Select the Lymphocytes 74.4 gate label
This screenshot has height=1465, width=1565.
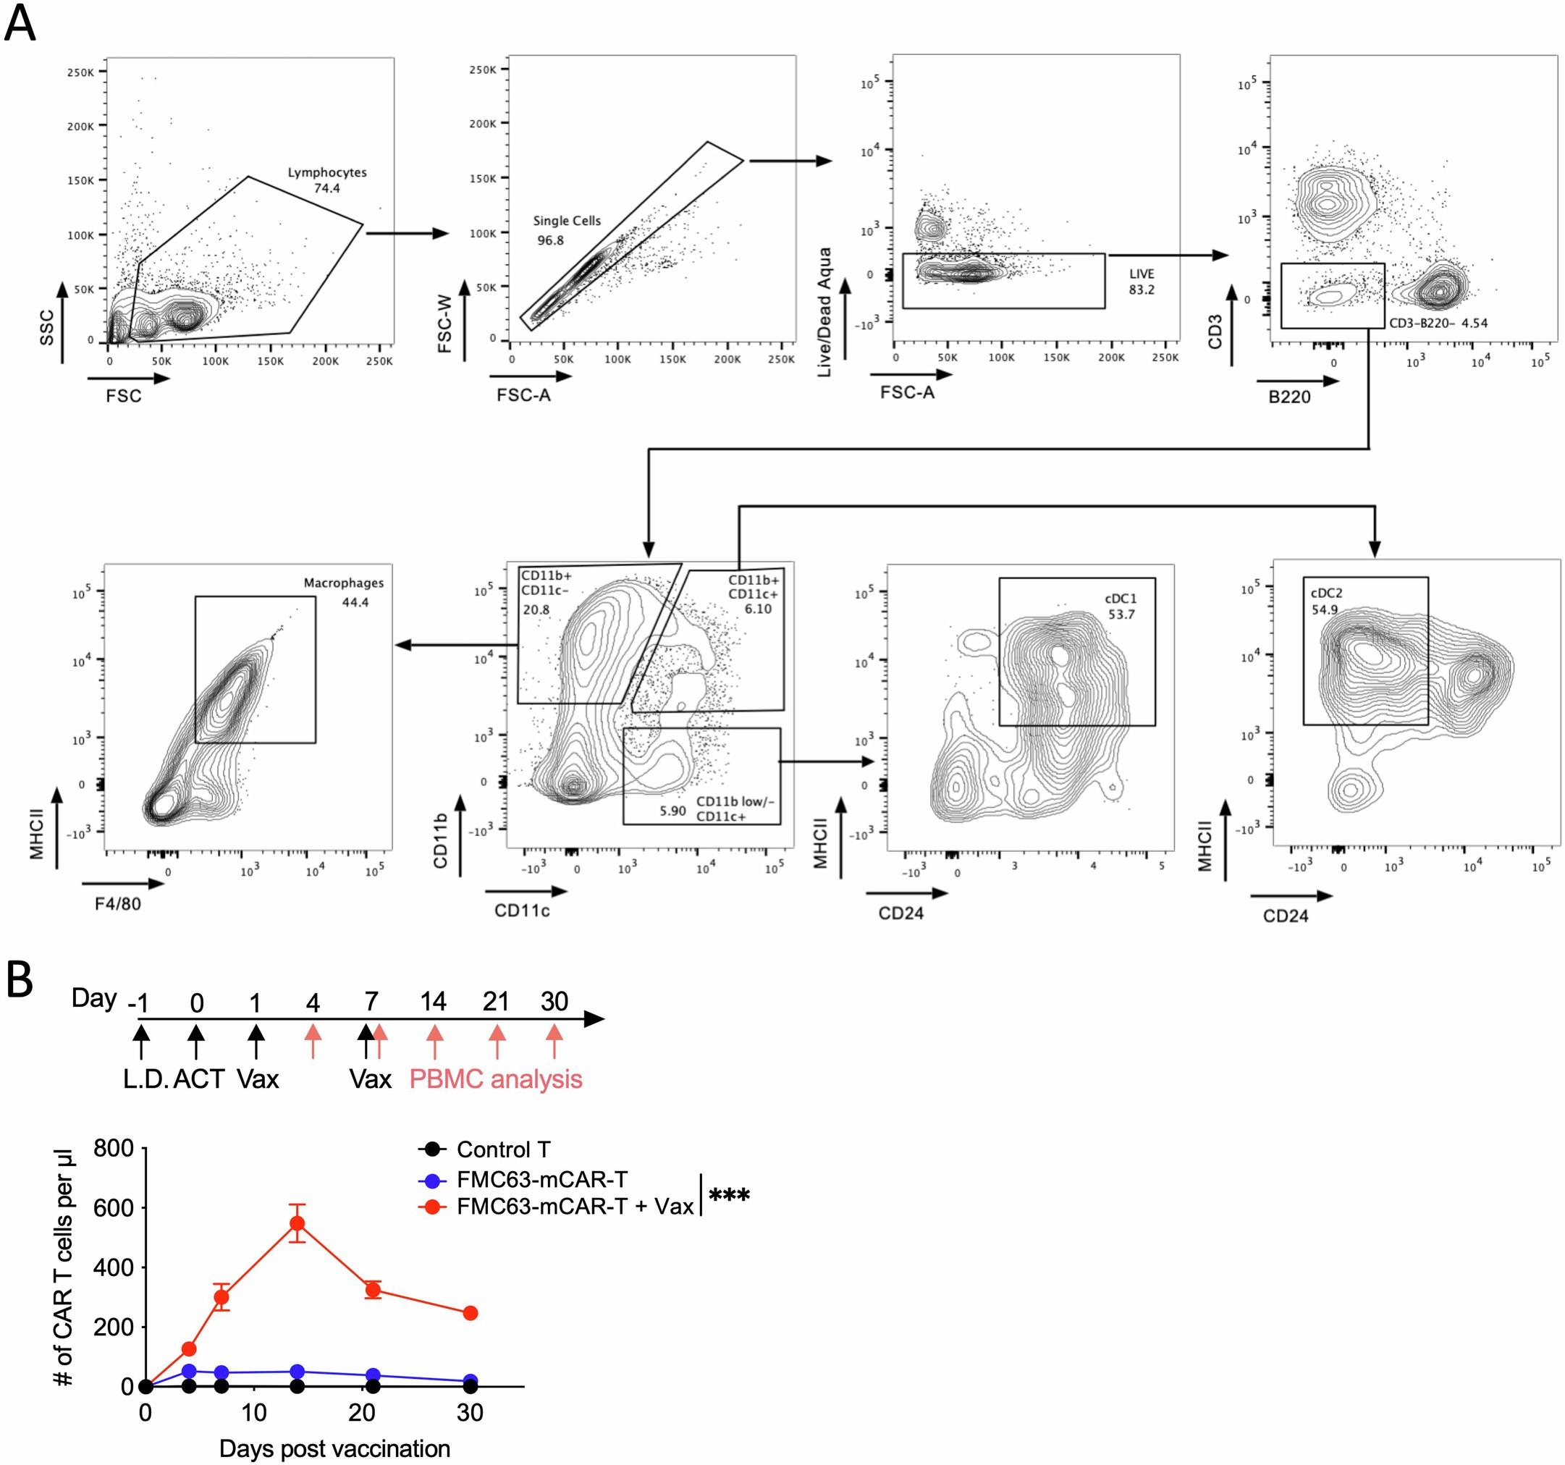tap(326, 180)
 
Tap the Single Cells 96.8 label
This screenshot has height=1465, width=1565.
tap(566, 230)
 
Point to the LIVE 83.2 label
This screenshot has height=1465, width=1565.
tap(1141, 282)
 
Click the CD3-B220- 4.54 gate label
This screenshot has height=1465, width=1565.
tap(1438, 323)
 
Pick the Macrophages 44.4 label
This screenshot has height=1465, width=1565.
tap(344, 592)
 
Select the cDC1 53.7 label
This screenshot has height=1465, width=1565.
tap(1121, 606)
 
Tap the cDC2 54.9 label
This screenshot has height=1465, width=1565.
tap(1325, 601)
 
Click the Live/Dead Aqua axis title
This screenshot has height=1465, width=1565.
tap(824, 313)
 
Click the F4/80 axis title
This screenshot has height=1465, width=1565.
tap(118, 904)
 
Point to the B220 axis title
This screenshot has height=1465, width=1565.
tap(1288, 397)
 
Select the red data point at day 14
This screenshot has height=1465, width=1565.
tap(297, 1223)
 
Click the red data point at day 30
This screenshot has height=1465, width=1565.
tap(470, 1313)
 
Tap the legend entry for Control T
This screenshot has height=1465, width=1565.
tap(502, 1149)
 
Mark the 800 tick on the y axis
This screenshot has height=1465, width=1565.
tap(114, 1149)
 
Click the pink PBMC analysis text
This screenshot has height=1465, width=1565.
tap(495, 1078)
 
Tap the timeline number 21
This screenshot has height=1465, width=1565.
tap(495, 1001)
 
